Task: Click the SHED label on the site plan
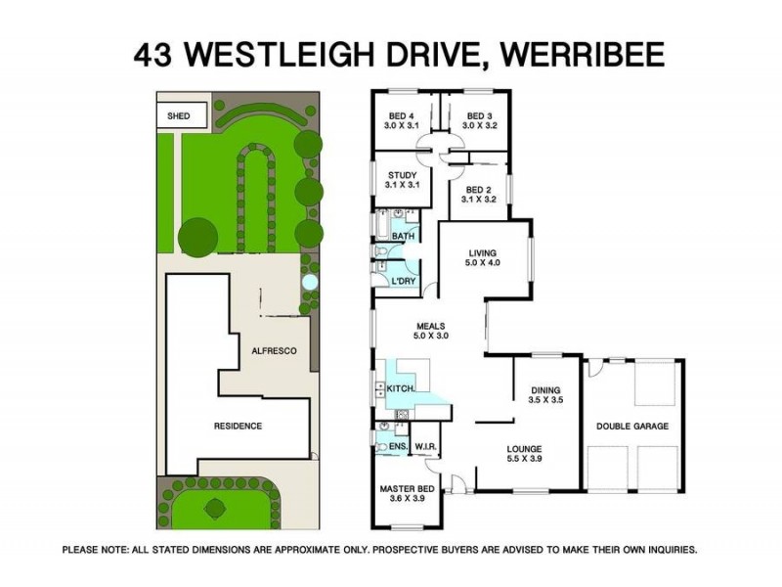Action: [x=179, y=115]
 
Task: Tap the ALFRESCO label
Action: [x=274, y=350]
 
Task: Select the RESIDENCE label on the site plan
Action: [x=239, y=426]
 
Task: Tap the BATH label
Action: [x=403, y=237]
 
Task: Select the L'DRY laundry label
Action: [x=405, y=282]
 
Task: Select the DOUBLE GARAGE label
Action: [x=631, y=427]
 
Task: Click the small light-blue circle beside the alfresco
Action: [x=310, y=283]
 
